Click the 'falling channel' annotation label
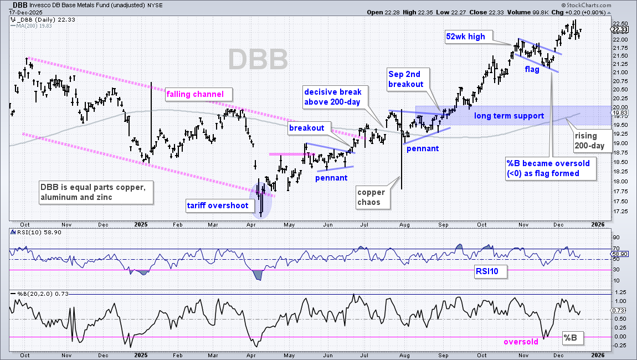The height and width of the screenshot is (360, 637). pos(199,95)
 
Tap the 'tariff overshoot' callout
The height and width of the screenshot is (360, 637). pos(218,205)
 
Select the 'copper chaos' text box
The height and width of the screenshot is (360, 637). pos(373,197)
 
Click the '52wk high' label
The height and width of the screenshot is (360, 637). pos(469,37)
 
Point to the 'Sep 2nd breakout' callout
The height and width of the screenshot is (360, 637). pos(408,79)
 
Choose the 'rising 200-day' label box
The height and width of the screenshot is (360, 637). pos(592,141)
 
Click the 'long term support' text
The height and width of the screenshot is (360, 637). pos(509,116)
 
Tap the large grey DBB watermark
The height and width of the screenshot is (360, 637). pos(258,59)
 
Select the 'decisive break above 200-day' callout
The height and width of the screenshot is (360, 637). pos(335,97)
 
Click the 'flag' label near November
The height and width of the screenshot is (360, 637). pos(532,69)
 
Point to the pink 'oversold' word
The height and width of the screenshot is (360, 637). pos(521,342)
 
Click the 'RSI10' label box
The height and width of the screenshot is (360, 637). pos(490,271)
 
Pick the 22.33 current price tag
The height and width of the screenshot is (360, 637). pos(619,29)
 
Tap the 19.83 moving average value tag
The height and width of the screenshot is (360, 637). pos(619,113)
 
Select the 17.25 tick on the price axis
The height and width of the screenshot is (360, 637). pos(620,212)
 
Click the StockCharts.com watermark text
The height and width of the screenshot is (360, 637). pos(586,6)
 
